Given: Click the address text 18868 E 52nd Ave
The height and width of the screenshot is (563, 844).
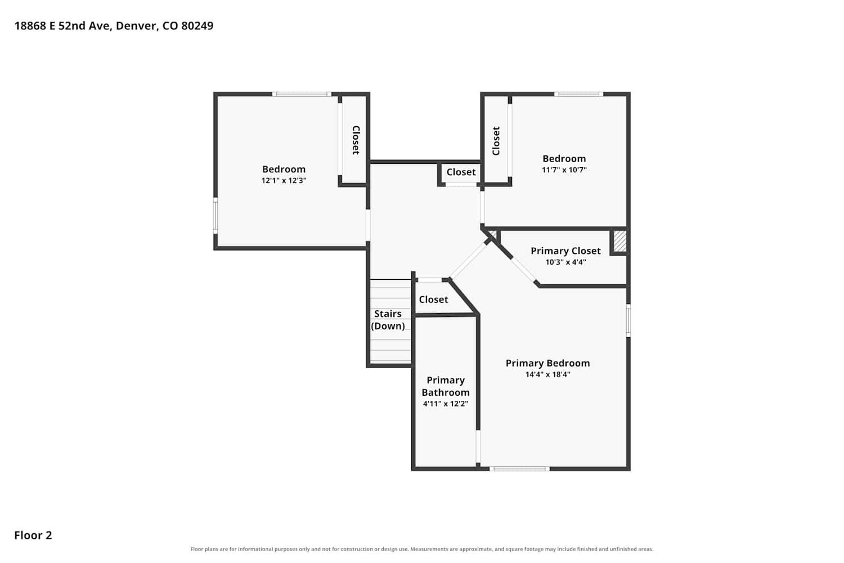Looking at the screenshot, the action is tap(63, 26).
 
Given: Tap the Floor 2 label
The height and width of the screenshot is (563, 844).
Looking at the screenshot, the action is tap(33, 535).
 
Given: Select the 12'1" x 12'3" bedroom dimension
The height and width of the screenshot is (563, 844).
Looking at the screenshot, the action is tap(284, 180).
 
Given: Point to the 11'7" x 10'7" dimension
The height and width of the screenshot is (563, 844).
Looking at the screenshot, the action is tap(564, 169).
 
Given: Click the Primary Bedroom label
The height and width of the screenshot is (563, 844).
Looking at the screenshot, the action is tap(547, 363).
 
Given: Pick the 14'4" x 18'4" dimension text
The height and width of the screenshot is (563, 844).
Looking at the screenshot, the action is tap(548, 374).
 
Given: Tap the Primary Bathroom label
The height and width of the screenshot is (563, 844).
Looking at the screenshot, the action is tap(446, 386).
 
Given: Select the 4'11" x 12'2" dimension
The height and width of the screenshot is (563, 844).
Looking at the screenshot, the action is tap(446, 404).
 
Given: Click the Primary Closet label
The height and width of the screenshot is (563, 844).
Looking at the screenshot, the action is tap(565, 251).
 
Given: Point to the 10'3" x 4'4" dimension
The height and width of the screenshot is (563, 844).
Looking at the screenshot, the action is tap(565, 262).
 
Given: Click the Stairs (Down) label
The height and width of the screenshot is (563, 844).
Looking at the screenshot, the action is tap(388, 320).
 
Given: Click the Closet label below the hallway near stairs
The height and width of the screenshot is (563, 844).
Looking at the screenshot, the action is tap(433, 300).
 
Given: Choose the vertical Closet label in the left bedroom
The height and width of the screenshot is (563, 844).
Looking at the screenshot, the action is tap(356, 140).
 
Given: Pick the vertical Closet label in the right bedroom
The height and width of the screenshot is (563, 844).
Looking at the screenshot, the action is tap(496, 141).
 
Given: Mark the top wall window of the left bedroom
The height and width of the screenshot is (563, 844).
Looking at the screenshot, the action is tap(302, 94).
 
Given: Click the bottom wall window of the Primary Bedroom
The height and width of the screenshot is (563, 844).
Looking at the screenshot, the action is tap(519, 469).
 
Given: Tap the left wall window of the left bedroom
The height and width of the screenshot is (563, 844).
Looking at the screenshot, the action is tap(216, 216).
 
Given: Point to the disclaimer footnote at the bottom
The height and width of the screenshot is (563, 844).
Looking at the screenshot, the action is tap(421, 549).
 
